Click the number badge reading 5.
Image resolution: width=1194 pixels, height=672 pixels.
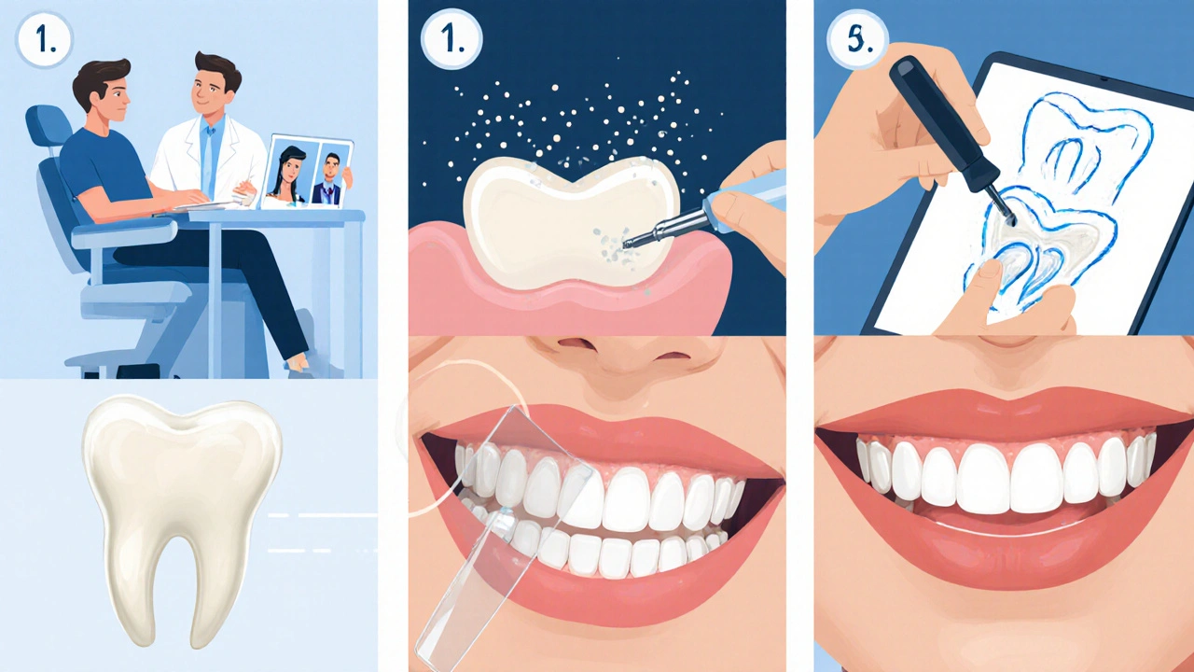pyautogui.click(x=857, y=40)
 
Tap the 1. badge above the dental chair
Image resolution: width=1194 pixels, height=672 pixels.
pyautogui.click(x=44, y=40)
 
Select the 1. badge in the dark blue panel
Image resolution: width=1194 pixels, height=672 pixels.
pyautogui.click(x=452, y=39)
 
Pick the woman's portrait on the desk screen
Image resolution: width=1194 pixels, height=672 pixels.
pyautogui.click(x=290, y=174)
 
